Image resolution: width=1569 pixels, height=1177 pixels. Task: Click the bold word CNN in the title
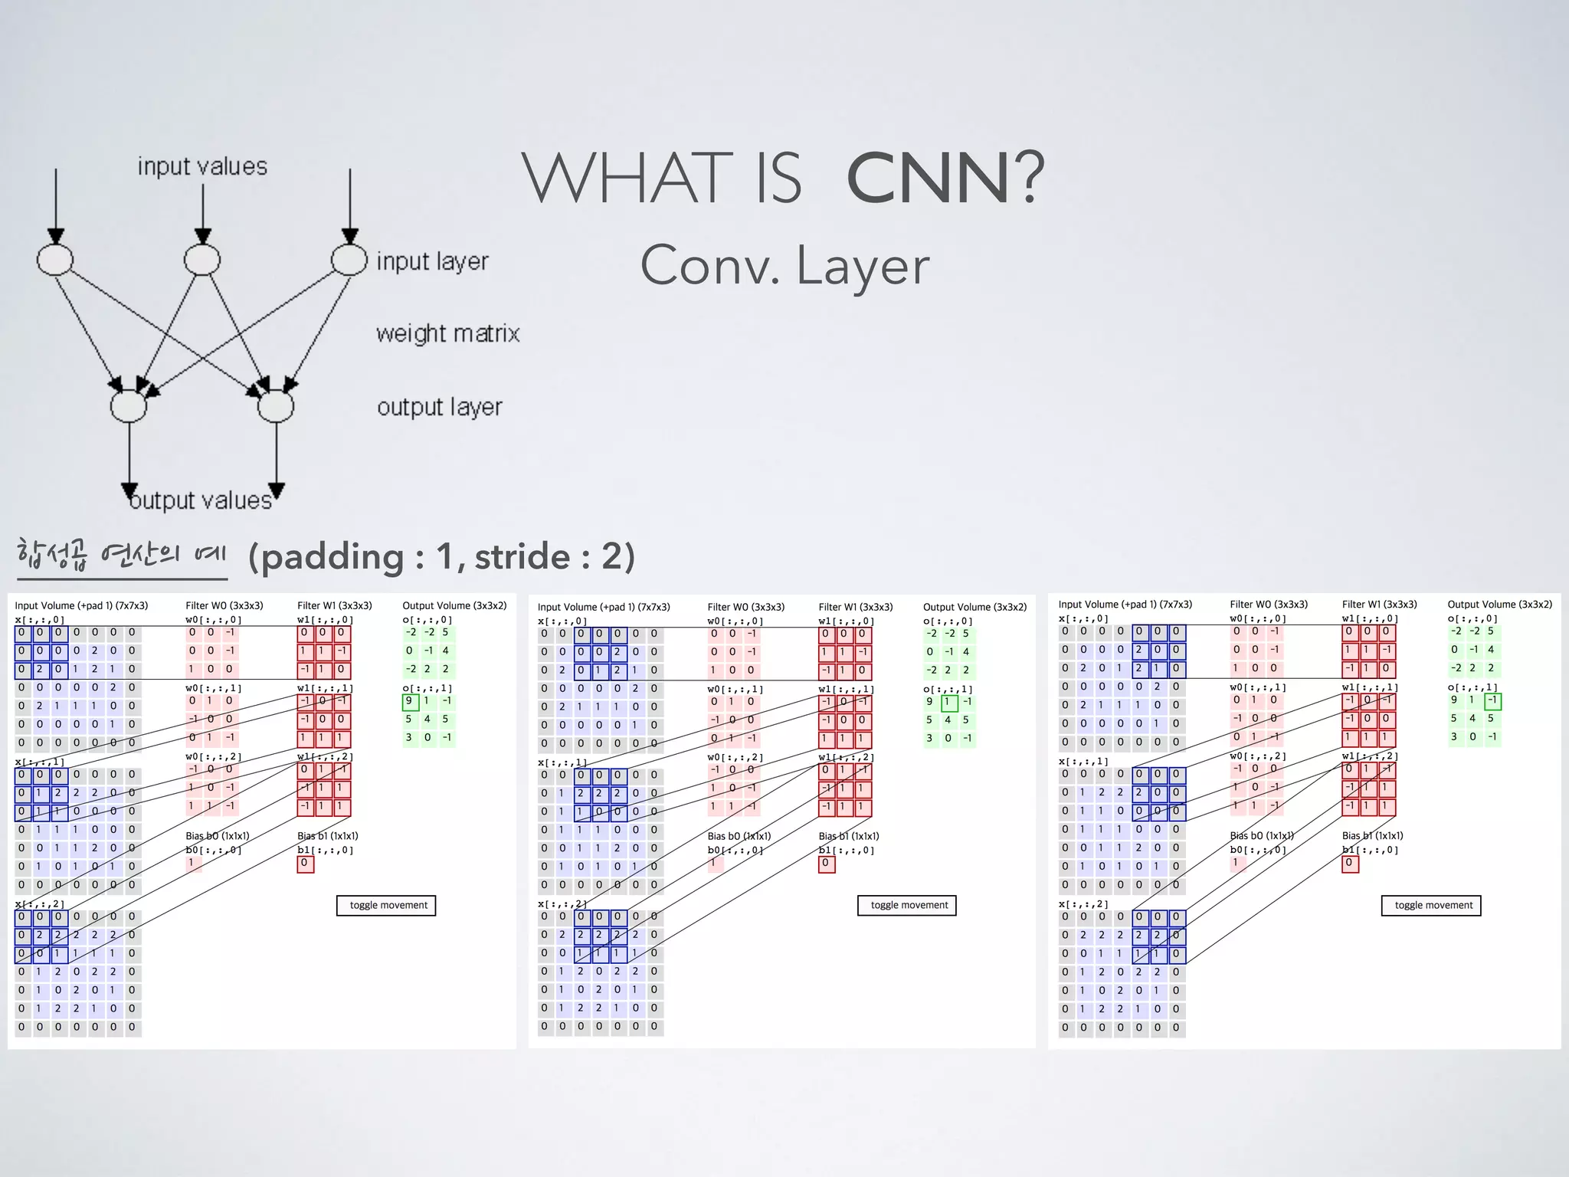[928, 179]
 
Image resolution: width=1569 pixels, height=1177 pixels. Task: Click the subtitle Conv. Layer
[784, 266]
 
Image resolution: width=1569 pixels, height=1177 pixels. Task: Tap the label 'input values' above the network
[202, 166]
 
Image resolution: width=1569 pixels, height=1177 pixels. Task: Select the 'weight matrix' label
[447, 333]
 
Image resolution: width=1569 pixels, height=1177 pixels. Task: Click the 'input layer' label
[432, 261]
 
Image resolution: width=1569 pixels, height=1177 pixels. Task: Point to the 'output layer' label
[439, 407]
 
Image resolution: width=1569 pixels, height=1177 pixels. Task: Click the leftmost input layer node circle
[55, 260]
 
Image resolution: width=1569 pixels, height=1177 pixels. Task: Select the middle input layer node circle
[202, 260]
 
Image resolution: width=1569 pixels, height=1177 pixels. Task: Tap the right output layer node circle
[276, 406]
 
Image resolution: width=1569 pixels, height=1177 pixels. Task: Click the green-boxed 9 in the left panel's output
[409, 701]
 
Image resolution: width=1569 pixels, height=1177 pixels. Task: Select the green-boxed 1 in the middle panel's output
[948, 702]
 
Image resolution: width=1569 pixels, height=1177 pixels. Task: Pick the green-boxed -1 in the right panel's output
[1492, 700]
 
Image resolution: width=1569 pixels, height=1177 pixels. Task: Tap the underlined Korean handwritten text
[121, 555]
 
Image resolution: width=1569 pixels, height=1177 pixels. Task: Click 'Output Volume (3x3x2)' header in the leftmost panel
[454, 605]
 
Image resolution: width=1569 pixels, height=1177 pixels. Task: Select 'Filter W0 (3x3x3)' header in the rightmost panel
[1269, 605]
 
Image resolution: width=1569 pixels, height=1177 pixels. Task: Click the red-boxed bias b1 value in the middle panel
[826, 864]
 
